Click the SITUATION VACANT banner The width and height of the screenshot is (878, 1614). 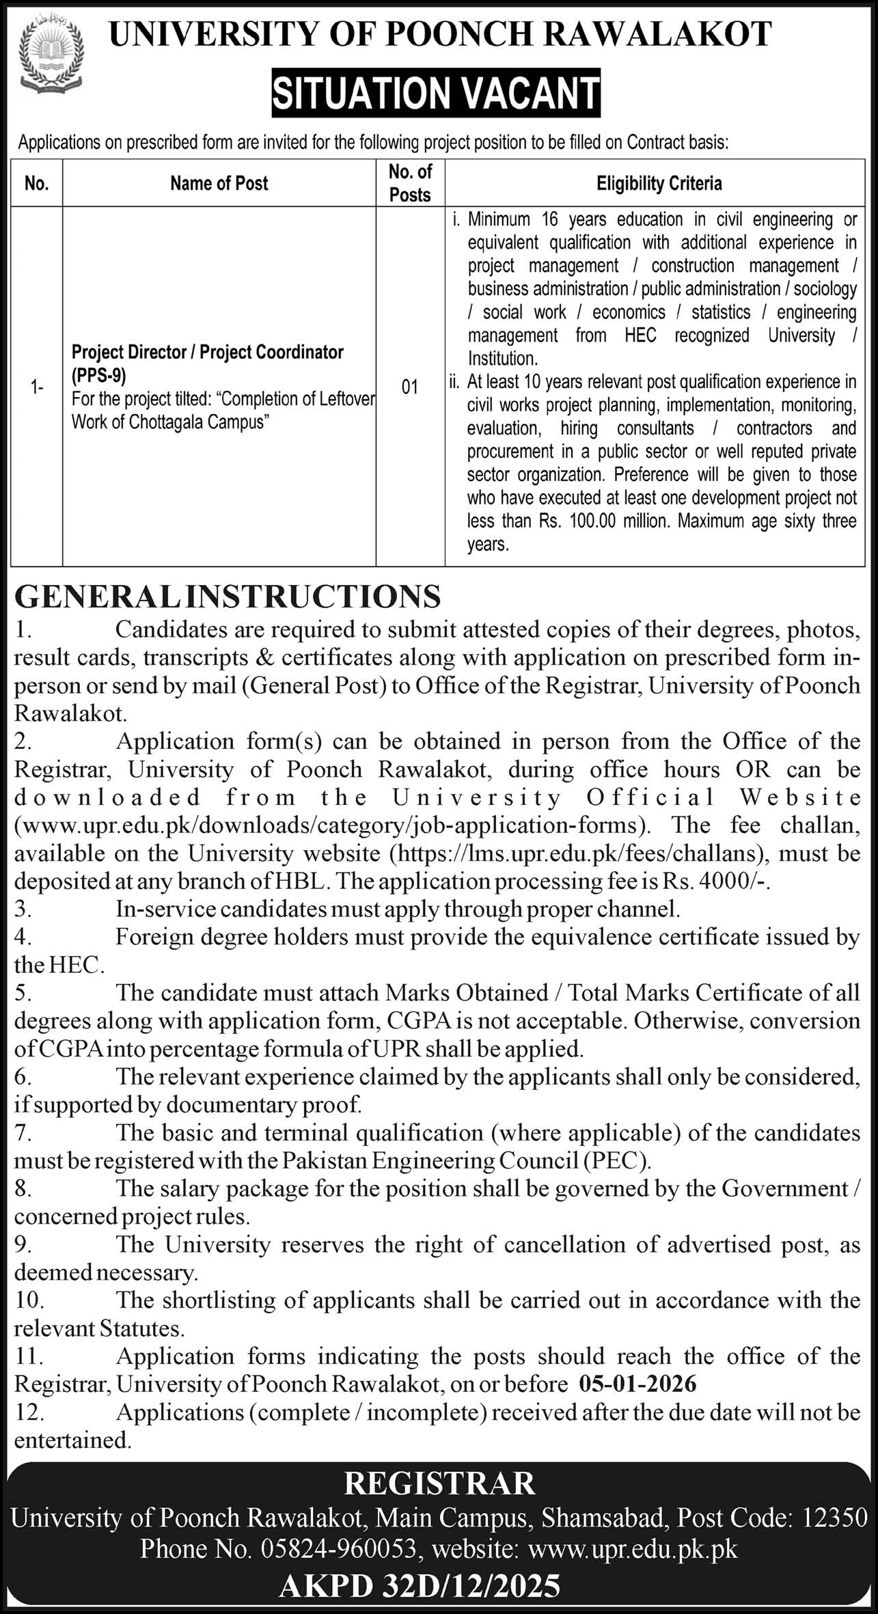tap(436, 94)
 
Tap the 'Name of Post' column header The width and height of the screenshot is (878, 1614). tap(219, 183)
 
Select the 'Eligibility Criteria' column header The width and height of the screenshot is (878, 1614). tap(659, 183)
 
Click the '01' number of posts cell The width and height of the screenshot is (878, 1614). tap(410, 387)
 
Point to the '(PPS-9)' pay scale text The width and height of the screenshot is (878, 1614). tap(99, 375)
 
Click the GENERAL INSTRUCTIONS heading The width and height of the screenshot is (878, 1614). tap(228, 597)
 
